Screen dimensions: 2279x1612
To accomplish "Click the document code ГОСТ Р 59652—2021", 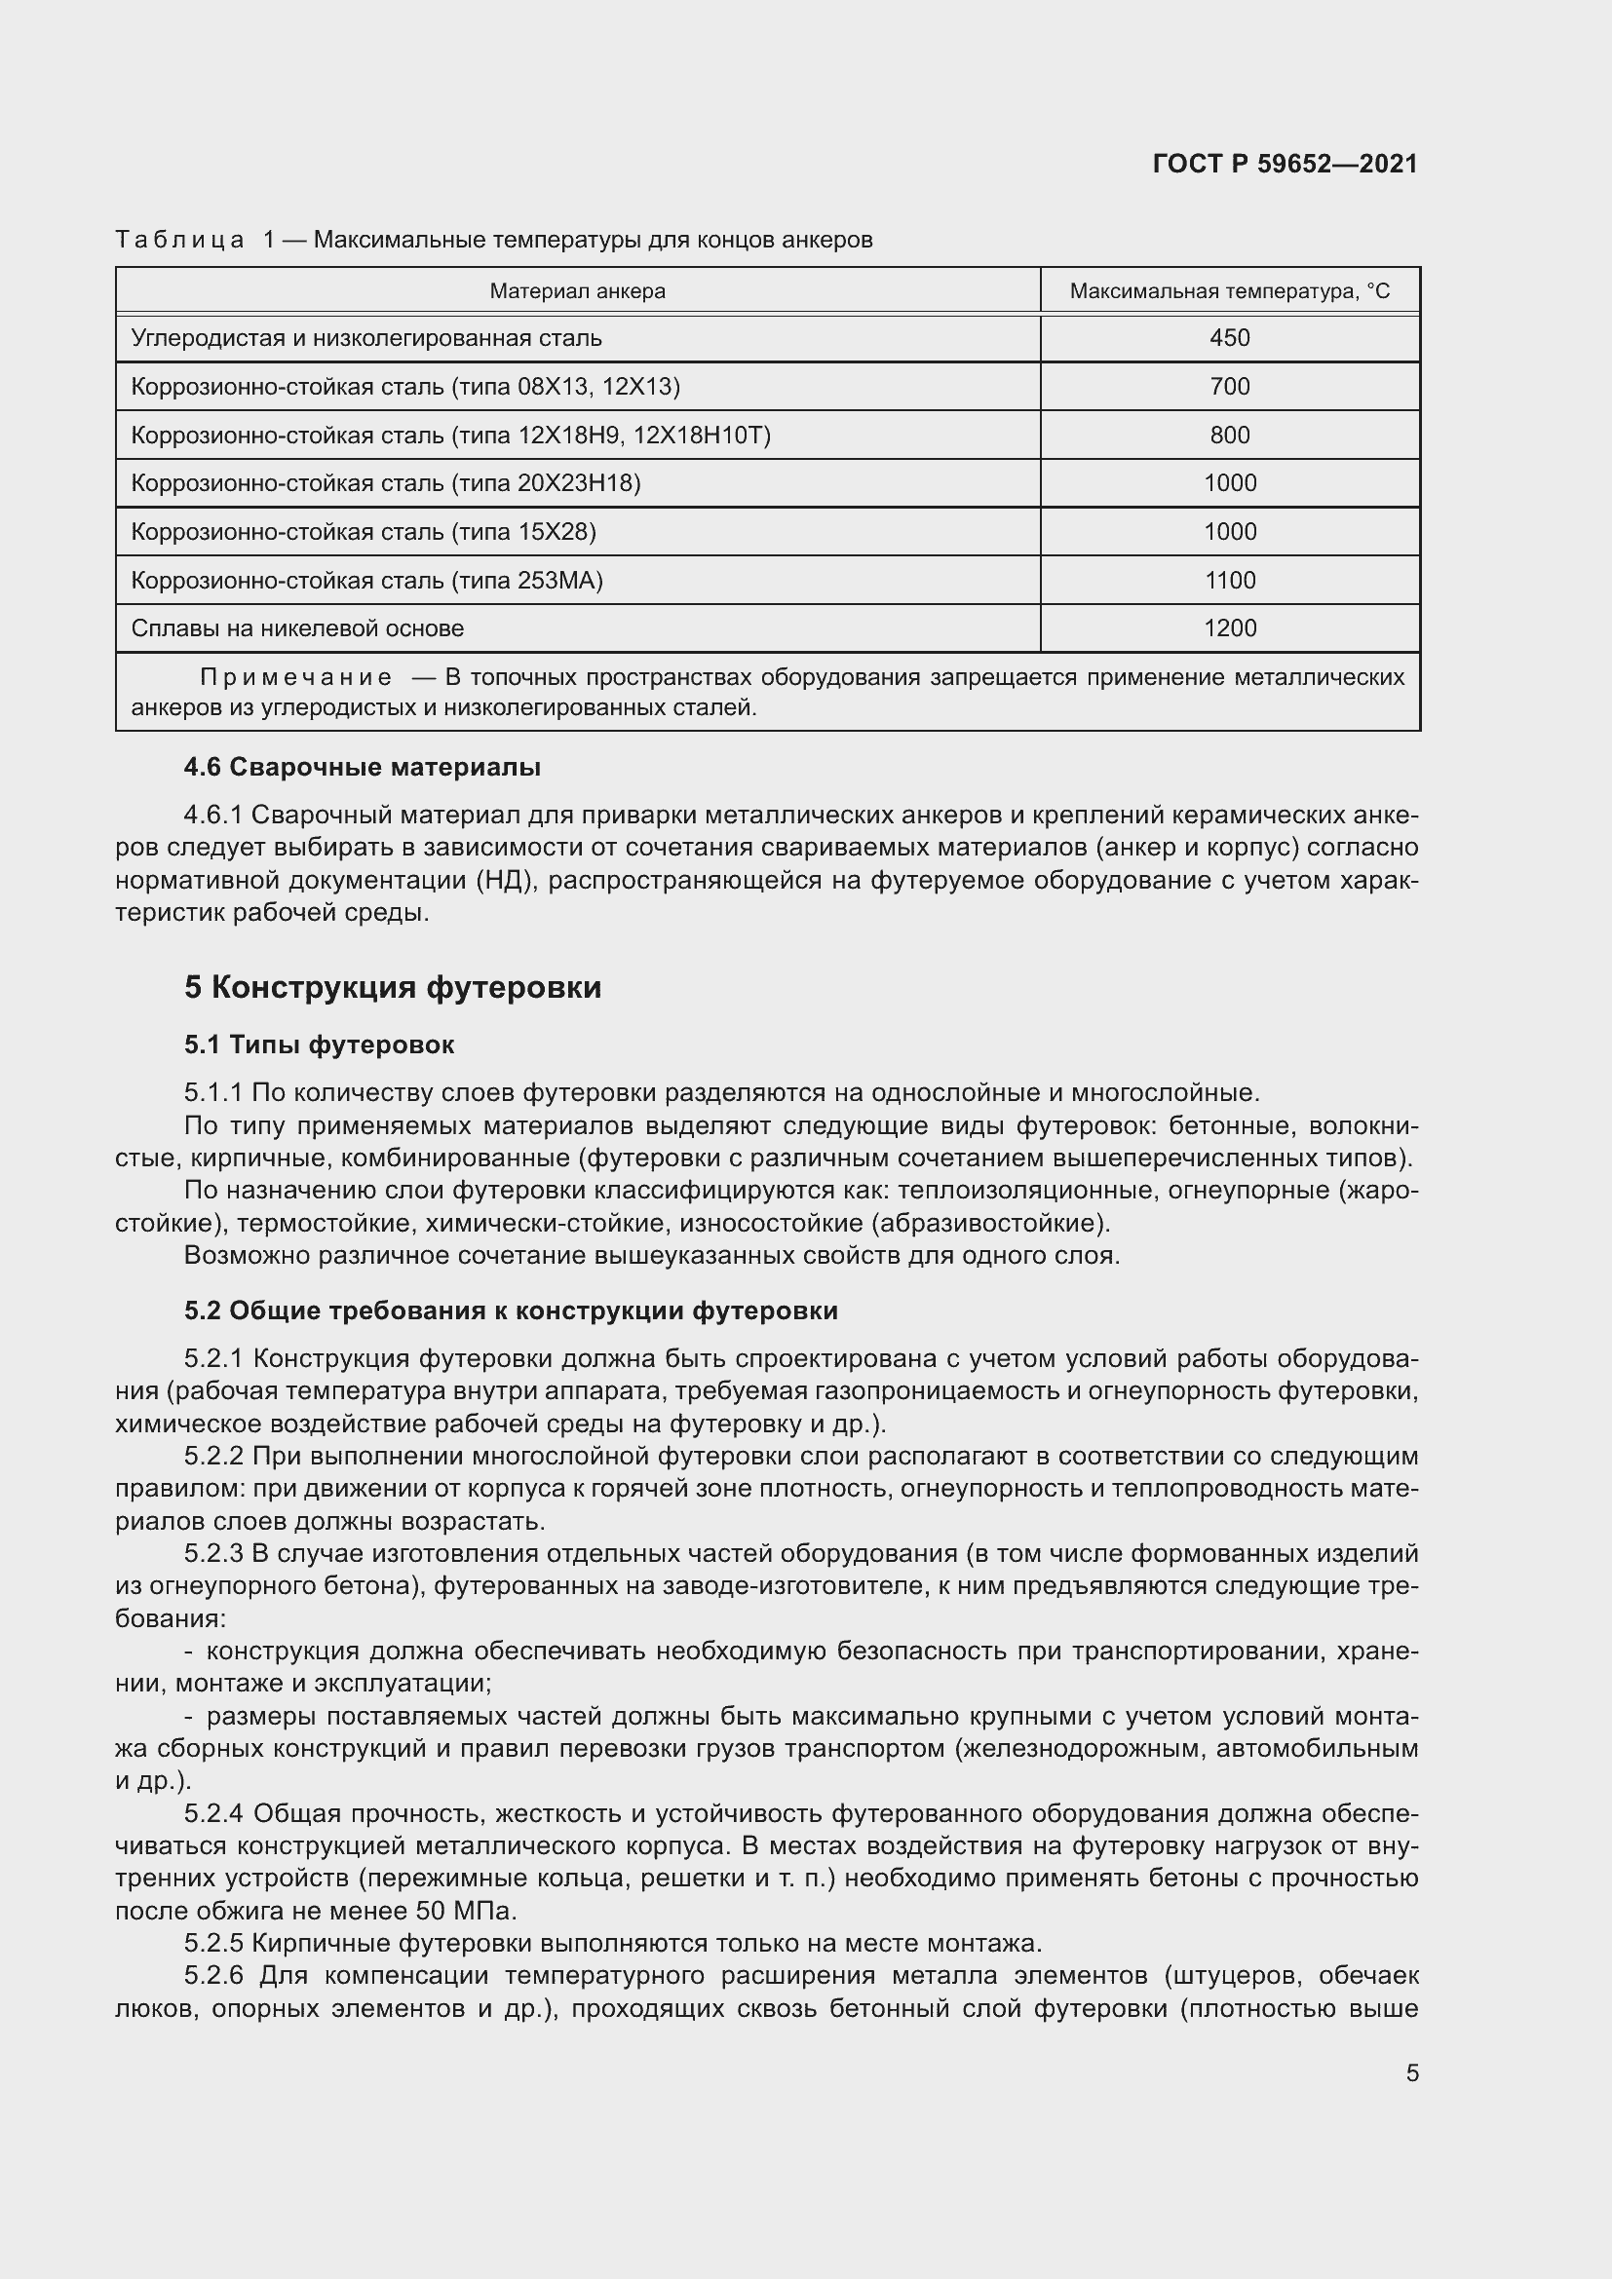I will pyautogui.click(x=1285, y=165).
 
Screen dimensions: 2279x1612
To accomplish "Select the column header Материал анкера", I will pyautogui.click(x=577, y=290).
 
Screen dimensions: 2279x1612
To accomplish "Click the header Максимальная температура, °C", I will pyautogui.click(x=1229, y=290).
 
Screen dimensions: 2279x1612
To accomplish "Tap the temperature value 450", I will pyautogui.click(x=1229, y=337).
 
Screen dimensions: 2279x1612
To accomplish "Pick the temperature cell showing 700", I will pyautogui.click(x=1229, y=386).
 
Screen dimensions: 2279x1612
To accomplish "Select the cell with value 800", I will pyautogui.click(x=1229, y=435).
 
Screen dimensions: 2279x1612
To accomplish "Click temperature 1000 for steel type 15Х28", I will pyautogui.click(x=1229, y=532).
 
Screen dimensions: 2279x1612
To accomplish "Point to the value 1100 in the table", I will pyautogui.click(x=1229, y=581).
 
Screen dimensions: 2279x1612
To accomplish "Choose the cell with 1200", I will pyautogui.click(x=1229, y=628).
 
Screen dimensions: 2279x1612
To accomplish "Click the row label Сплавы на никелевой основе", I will pyautogui.click(x=297, y=628).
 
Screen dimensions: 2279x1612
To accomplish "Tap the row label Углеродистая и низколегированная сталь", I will pyautogui.click(x=366, y=337).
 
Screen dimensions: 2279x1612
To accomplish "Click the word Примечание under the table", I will pyautogui.click(x=296, y=678).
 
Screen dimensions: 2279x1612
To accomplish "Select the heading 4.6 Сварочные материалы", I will pyautogui.click(x=363, y=767).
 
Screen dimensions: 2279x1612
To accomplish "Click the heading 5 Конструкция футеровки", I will pyautogui.click(x=392, y=988).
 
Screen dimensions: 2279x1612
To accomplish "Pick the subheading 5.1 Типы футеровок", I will pyautogui.click(x=319, y=1045).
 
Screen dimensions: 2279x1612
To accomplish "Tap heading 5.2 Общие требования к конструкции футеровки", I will pyautogui.click(x=510, y=1311).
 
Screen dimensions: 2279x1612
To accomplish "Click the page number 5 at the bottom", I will pyautogui.click(x=1411, y=2073).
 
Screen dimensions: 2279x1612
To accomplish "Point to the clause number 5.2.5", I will pyautogui.click(x=213, y=1944).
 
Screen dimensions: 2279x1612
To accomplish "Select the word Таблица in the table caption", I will pyautogui.click(x=179, y=241).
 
